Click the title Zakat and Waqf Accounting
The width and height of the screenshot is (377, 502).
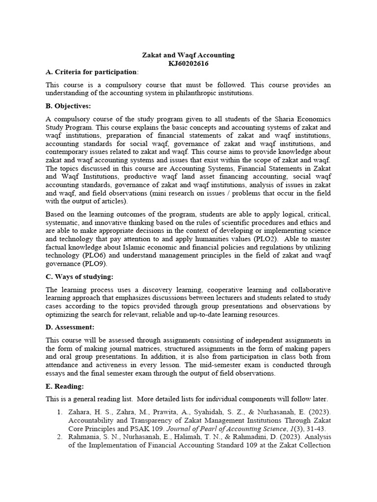pyautogui.click(x=188, y=55)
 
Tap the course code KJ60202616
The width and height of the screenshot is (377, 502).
pyautogui.click(x=188, y=64)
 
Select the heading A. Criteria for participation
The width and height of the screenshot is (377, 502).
pyautogui.click(x=91, y=72)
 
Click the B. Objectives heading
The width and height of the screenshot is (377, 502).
pyautogui.click(x=68, y=106)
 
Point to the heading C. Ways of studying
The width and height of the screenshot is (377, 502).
pyautogui.click(x=79, y=277)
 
